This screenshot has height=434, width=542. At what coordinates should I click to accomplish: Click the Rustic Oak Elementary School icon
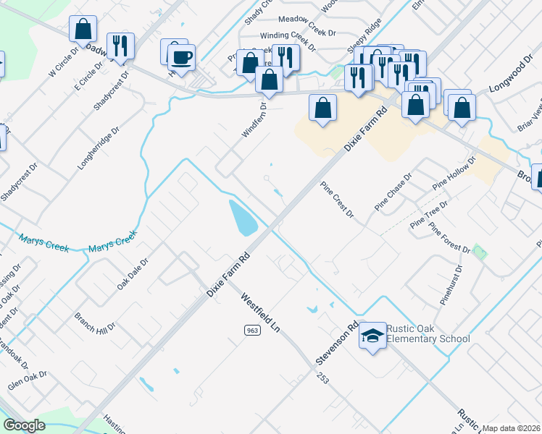tap(372, 336)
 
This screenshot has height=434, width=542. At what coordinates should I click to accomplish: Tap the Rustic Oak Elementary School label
tap(428, 333)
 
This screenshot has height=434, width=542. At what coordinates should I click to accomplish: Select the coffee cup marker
tap(181, 57)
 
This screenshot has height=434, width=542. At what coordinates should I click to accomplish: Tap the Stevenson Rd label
tap(337, 344)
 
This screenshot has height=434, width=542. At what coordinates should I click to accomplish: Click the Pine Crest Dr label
tap(337, 200)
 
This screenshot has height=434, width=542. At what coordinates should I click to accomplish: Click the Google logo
tap(24, 425)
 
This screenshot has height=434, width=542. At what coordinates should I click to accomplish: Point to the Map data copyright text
tap(511, 428)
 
